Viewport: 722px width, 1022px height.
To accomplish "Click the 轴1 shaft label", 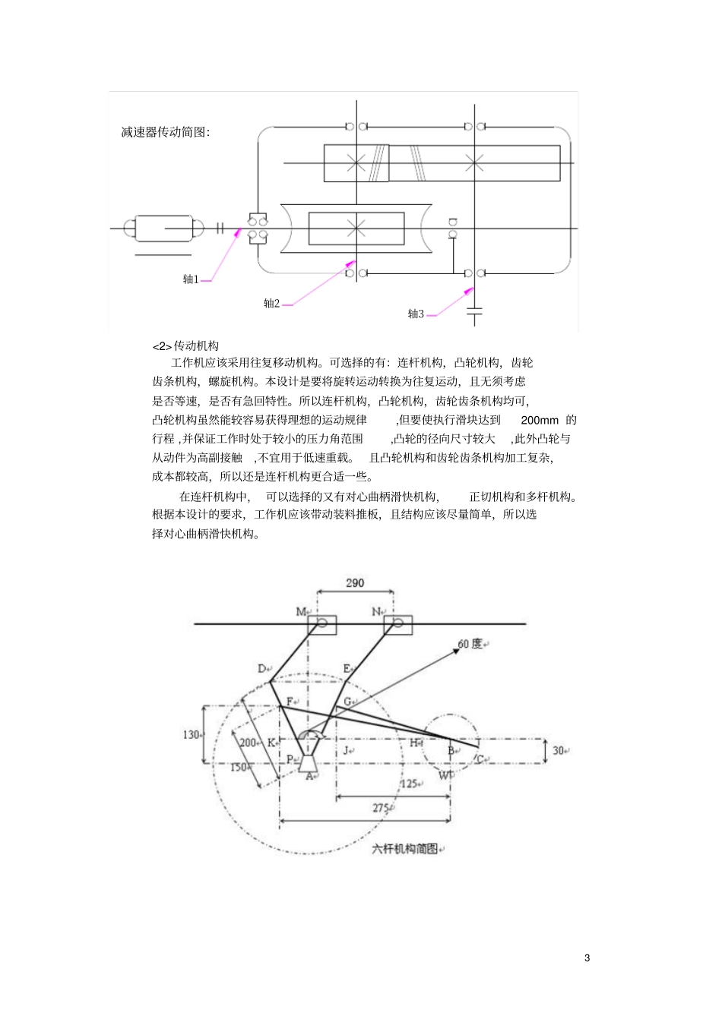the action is [x=190, y=279].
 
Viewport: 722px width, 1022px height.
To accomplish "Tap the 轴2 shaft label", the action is [x=271, y=304].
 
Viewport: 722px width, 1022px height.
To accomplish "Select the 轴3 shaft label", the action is [x=416, y=314].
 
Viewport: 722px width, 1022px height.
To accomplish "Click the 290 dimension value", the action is [x=355, y=583].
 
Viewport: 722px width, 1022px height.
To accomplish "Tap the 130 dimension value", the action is [x=191, y=735].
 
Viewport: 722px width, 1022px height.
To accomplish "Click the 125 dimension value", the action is [x=409, y=784].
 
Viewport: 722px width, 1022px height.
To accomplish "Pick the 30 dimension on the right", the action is [x=559, y=750].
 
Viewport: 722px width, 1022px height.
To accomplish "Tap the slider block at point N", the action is [x=397, y=625].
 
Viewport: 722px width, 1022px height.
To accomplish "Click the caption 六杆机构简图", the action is [x=405, y=849].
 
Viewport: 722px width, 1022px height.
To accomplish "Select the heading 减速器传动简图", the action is [x=165, y=132].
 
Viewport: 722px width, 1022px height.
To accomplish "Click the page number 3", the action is [x=587, y=957].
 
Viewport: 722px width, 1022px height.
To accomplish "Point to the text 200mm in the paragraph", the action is [x=540, y=420].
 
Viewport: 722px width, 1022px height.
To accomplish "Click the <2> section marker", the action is [x=163, y=346].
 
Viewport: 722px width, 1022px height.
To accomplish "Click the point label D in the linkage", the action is [x=261, y=669].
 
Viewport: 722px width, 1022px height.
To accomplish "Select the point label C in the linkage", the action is [x=480, y=759].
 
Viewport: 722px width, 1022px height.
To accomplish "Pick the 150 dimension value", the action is [x=238, y=768].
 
